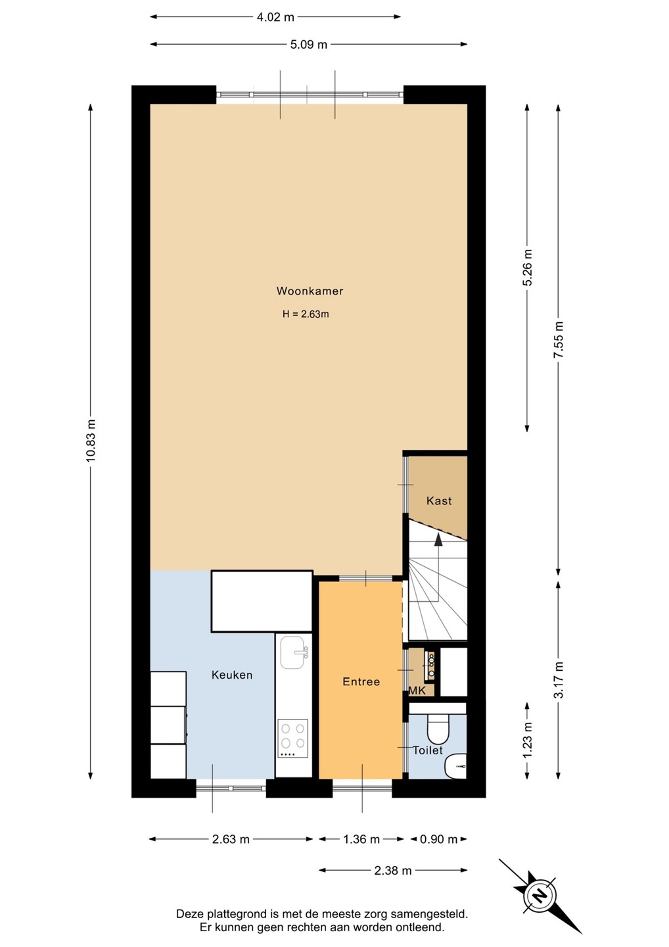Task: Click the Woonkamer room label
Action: tap(310, 291)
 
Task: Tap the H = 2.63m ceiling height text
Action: tap(306, 314)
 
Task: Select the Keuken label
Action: tap(232, 675)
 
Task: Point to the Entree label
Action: tap(361, 681)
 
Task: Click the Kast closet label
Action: tap(439, 501)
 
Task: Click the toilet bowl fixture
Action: tap(438, 727)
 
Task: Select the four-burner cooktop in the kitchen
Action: tap(292, 739)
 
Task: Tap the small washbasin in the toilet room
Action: tap(455, 765)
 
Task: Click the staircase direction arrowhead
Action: tap(438, 539)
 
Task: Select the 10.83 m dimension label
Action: tap(91, 441)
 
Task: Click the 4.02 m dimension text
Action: tap(275, 17)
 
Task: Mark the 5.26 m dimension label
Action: tap(528, 268)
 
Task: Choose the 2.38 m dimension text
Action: tap(393, 871)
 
